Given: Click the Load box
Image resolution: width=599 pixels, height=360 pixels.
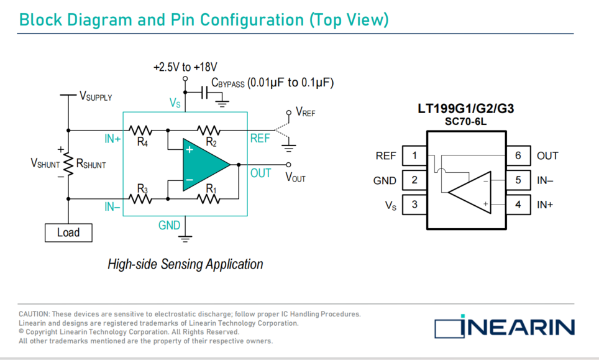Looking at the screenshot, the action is click(x=68, y=233).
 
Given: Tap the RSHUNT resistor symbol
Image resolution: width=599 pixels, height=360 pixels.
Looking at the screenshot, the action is click(x=68, y=165).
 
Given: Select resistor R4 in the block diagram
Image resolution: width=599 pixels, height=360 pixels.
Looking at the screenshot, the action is click(x=140, y=131).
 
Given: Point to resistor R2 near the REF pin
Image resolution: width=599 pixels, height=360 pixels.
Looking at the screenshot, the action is click(x=209, y=131).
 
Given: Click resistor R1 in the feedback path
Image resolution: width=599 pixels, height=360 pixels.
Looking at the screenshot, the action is click(x=209, y=199).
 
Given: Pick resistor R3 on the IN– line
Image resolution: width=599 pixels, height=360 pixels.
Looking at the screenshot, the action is click(x=140, y=199).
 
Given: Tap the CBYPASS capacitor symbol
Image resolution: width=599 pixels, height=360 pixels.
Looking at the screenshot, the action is click(x=204, y=92).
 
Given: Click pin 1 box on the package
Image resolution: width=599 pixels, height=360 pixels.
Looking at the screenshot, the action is click(x=414, y=155).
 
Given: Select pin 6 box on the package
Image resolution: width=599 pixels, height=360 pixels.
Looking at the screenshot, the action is click(x=518, y=155).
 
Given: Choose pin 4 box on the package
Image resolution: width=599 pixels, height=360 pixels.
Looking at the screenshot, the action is click(x=518, y=205).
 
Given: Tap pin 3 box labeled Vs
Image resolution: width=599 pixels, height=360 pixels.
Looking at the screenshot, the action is click(x=414, y=205).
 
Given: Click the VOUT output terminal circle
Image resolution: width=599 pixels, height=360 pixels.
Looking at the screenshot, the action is click(x=288, y=165).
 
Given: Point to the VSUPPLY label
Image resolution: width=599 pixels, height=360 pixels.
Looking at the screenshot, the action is click(x=96, y=96).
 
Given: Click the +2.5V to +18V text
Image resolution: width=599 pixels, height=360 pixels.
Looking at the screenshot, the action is click(x=185, y=67).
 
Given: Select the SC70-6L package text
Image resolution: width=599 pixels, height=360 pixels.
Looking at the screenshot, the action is click(x=465, y=121).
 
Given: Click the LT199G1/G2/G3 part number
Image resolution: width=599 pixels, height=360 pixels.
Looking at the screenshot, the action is click(x=465, y=109).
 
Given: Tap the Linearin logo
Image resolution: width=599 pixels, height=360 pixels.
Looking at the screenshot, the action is click(x=505, y=327).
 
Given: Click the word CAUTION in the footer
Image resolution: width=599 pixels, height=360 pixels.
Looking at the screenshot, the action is click(x=34, y=314).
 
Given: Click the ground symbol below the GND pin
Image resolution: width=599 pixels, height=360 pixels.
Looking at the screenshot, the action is click(x=185, y=239).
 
